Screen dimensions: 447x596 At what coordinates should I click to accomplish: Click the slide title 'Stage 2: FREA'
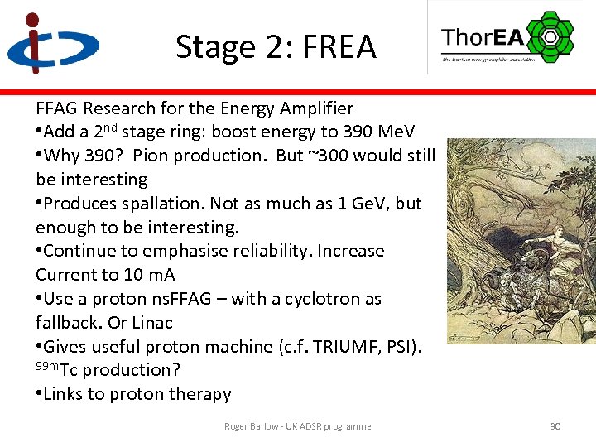coord(276,47)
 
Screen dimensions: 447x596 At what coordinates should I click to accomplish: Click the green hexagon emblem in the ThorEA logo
coord(549,36)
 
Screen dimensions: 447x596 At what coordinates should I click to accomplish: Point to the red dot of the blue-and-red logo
coord(32,19)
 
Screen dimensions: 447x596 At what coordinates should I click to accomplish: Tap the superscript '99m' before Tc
coord(46,367)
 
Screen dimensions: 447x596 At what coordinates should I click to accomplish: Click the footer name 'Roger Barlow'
coord(252,426)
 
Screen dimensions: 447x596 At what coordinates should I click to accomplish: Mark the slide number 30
coord(555,426)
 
